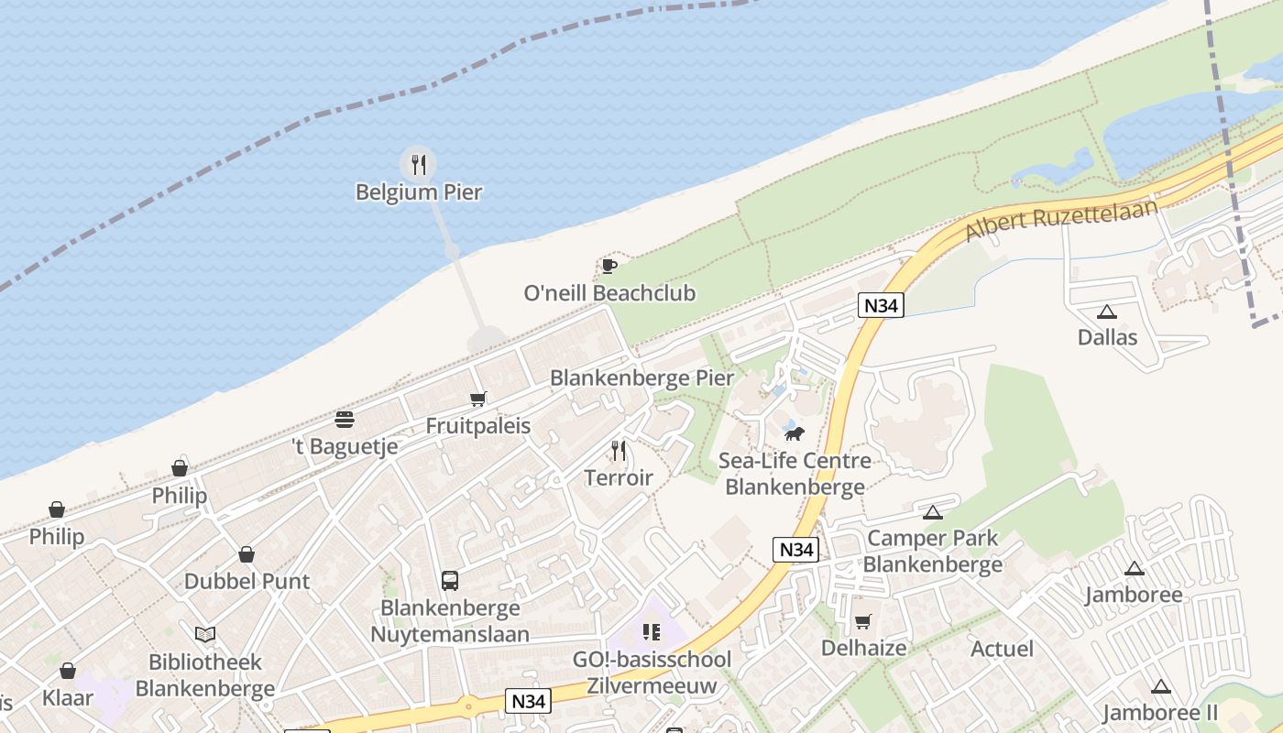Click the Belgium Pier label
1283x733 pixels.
click(x=419, y=192)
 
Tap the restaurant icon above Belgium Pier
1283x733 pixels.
click(x=419, y=165)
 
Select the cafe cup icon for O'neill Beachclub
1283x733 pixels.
click(x=609, y=266)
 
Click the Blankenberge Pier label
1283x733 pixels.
click(x=641, y=377)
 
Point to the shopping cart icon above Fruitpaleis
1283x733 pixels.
click(x=477, y=399)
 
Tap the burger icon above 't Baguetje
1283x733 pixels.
click(x=345, y=420)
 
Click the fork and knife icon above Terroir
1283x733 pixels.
click(x=619, y=450)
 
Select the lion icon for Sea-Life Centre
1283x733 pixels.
click(x=795, y=432)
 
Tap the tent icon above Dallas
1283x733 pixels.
click(x=1107, y=312)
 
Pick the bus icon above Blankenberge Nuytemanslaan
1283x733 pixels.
click(x=450, y=580)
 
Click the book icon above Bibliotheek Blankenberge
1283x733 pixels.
click(x=205, y=634)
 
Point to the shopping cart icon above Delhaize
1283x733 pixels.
click(x=863, y=622)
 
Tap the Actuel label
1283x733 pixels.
click(x=1002, y=649)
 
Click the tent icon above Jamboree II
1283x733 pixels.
click(x=1161, y=686)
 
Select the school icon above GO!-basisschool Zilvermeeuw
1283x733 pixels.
click(x=652, y=631)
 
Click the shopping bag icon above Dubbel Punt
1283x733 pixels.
click(x=247, y=554)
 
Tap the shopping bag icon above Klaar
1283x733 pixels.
click(x=68, y=671)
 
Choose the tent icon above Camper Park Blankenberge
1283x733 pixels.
click(x=933, y=512)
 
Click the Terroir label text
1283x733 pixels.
click(x=619, y=477)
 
